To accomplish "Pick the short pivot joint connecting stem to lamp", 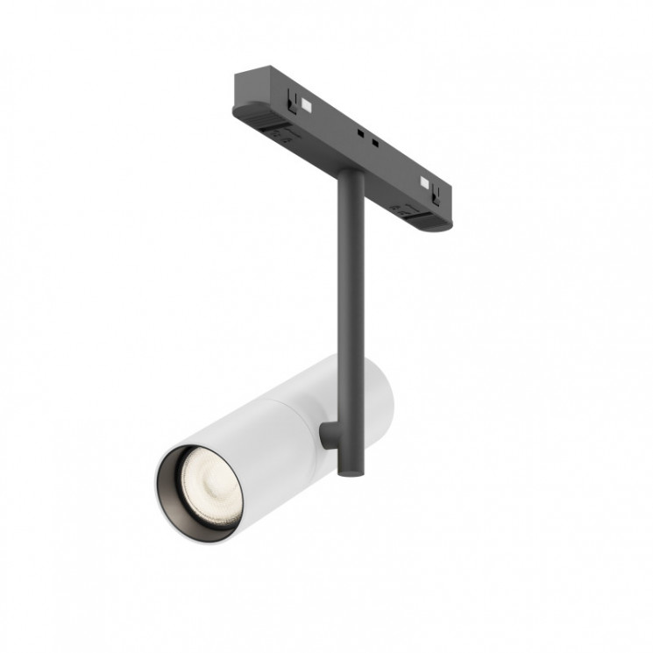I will [326, 436].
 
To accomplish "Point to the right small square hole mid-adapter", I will [375, 142].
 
